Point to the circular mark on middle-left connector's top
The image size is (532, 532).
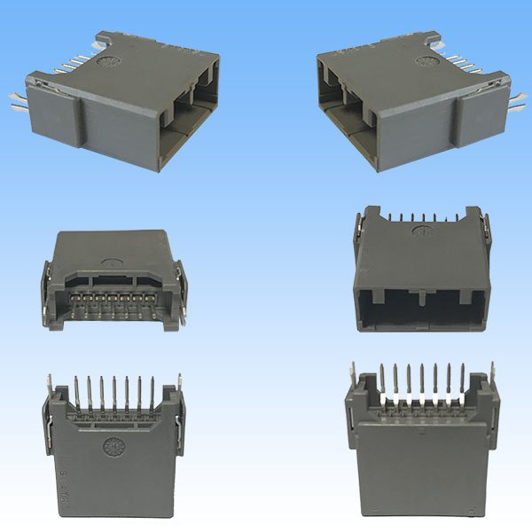pyautogui.click(x=113, y=262)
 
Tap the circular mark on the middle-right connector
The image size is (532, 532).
pyautogui.click(x=422, y=235)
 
